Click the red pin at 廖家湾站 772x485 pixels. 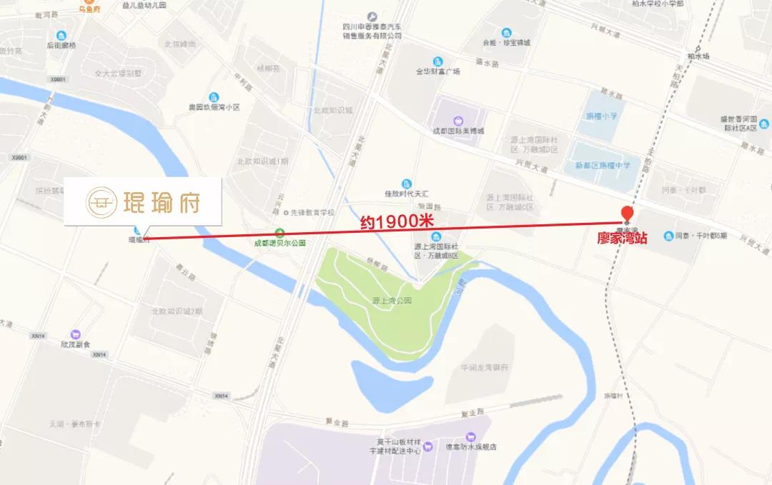pyautogui.click(x=627, y=213)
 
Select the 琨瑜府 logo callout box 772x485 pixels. pyautogui.click(x=143, y=202)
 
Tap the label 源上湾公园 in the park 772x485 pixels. pyautogui.click(x=392, y=301)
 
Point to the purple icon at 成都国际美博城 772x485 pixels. pyautogui.click(x=457, y=121)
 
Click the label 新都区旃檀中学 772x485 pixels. pyautogui.click(x=603, y=165)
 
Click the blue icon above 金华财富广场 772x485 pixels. pyautogui.click(x=437, y=60)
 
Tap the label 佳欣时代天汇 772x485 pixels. pyautogui.click(x=406, y=194)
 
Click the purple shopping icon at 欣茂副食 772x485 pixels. pyautogui.click(x=76, y=334)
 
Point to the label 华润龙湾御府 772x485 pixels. pyautogui.click(x=483, y=367)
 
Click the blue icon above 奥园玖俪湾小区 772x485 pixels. pyautogui.click(x=213, y=97)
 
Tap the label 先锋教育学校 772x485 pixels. pyautogui.click(x=311, y=212)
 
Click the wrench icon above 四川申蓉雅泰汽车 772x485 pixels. pyautogui.click(x=372, y=16)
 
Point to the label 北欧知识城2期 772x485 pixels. pyautogui.click(x=177, y=311)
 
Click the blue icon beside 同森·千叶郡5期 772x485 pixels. pyautogui.click(x=668, y=236)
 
